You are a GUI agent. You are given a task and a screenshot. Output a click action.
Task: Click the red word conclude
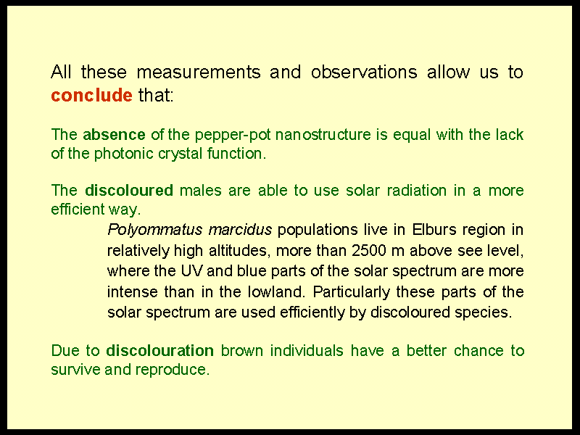(91, 95)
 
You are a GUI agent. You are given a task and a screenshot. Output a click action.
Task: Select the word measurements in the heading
(199, 72)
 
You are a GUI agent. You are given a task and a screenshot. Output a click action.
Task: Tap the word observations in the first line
(364, 72)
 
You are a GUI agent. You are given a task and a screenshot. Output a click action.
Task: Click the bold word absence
(114, 134)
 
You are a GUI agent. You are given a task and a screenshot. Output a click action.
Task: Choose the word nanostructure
(323, 135)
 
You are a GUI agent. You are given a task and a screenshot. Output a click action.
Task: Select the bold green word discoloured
(129, 191)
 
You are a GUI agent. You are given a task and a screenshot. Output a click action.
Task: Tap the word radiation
(416, 191)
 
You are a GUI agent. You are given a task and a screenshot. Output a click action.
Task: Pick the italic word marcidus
(240, 230)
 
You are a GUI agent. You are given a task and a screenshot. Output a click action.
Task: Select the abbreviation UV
(191, 271)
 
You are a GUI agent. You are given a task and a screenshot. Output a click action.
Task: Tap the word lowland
(276, 292)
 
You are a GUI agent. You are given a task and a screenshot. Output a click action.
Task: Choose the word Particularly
(352, 293)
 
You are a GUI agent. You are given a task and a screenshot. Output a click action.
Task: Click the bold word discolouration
(159, 351)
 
